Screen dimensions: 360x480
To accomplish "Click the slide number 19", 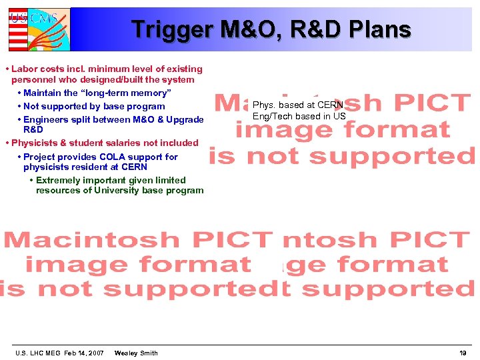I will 463,353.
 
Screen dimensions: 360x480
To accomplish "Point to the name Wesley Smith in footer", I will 136,353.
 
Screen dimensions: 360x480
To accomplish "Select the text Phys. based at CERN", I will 297,105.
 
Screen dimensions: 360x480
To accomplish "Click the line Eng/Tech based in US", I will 299,116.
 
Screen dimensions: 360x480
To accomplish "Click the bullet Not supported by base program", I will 94,106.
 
